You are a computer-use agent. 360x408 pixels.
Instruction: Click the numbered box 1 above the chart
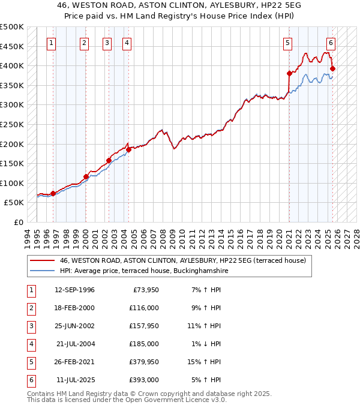(x=52, y=43)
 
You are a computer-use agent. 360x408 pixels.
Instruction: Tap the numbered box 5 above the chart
(x=288, y=43)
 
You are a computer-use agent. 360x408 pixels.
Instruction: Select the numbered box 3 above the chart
(x=107, y=43)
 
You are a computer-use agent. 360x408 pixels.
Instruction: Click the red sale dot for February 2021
(x=289, y=73)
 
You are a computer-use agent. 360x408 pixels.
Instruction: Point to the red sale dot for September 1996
(x=53, y=193)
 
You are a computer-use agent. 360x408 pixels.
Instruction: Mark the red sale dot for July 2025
(x=332, y=68)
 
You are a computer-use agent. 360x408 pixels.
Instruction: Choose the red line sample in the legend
(x=42, y=260)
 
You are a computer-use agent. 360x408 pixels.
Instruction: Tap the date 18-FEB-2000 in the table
(x=74, y=308)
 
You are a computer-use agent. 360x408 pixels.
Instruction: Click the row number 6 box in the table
(x=31, y=380)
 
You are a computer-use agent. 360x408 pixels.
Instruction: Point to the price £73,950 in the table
(x=144, y=290)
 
